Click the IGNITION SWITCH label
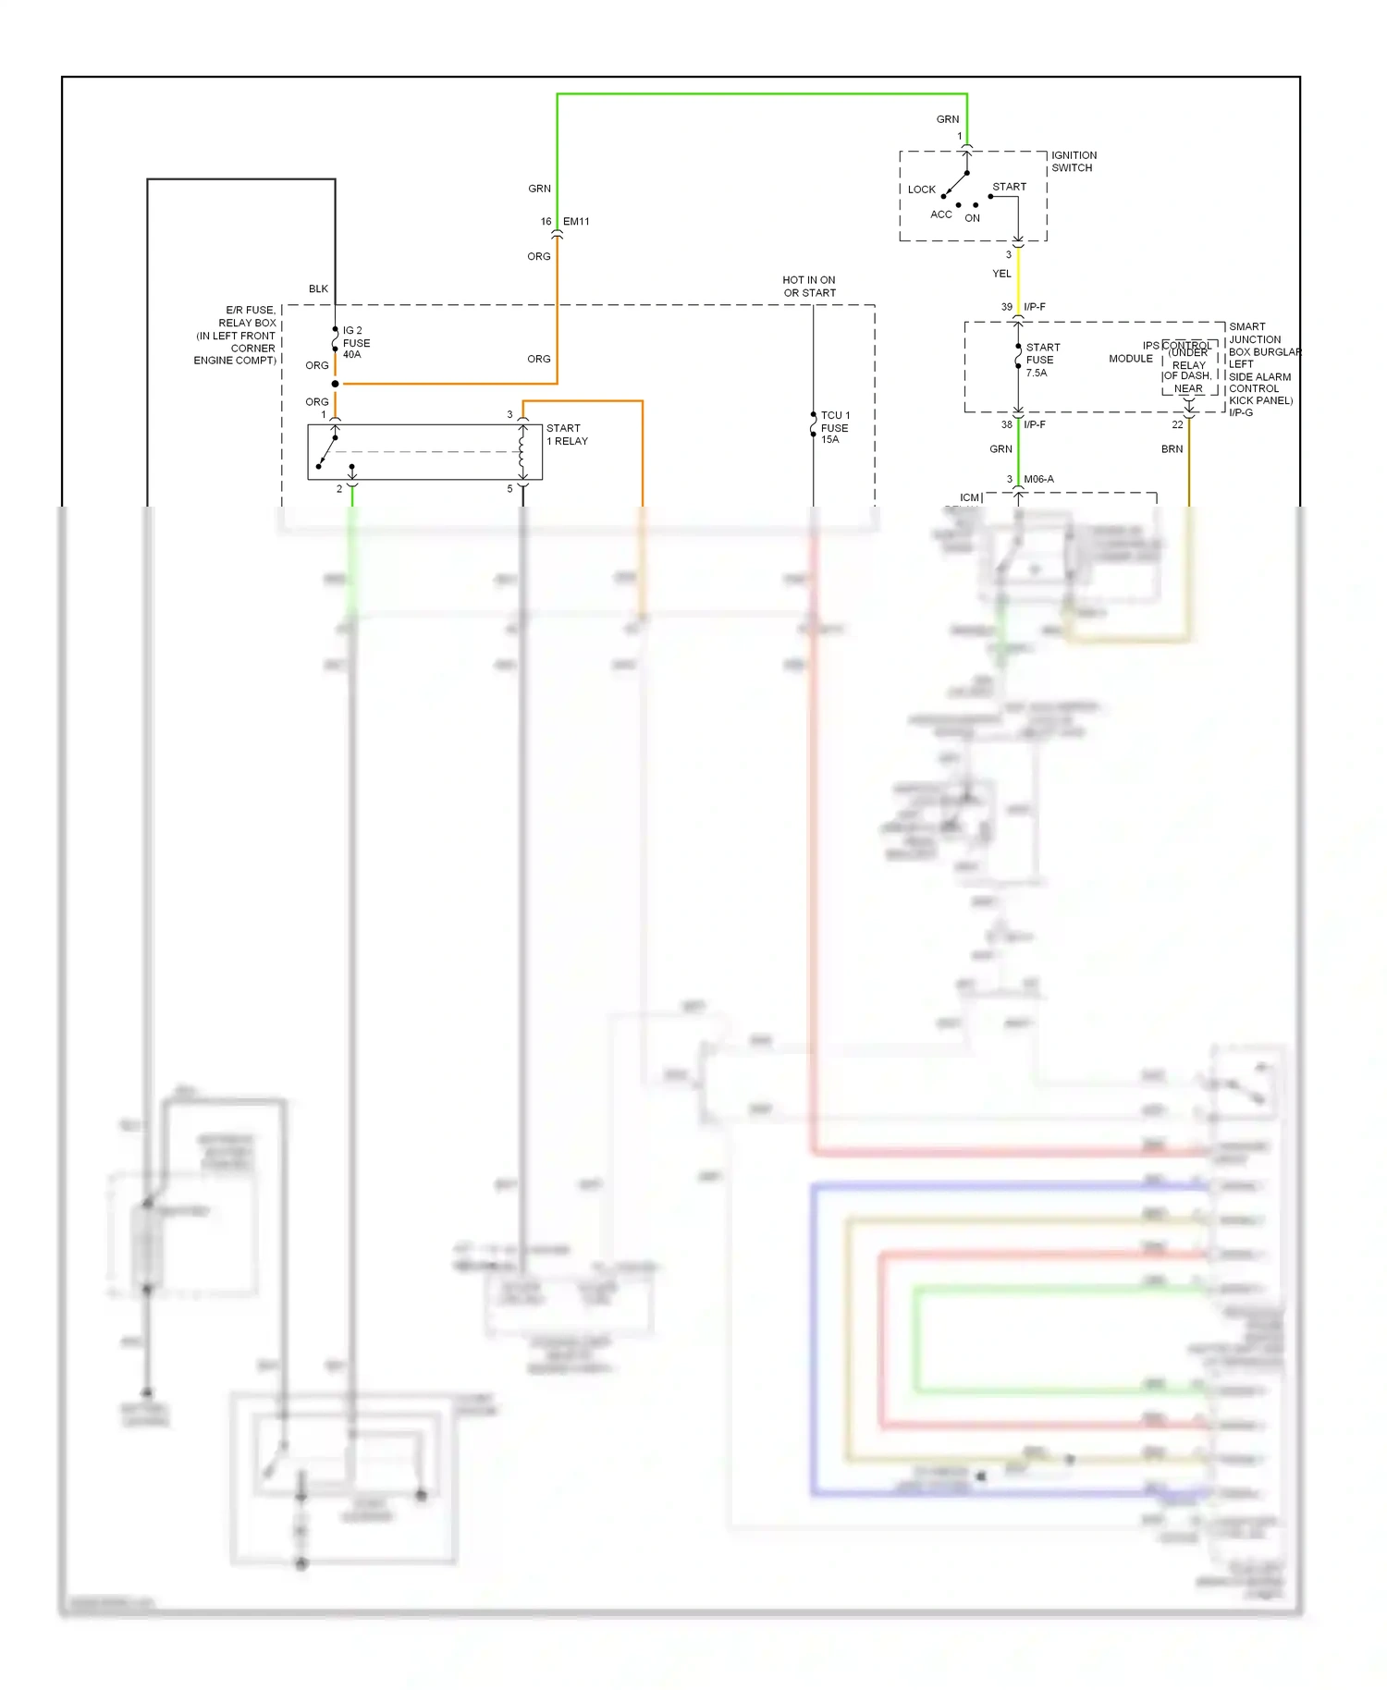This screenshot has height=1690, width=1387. (1074, 162)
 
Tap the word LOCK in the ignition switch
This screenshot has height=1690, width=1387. (921, 190)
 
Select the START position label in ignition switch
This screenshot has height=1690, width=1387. (1009, 187)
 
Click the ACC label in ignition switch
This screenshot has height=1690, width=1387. (940, 214)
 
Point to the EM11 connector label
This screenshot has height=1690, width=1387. (576, 222)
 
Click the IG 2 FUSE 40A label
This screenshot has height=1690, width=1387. (356, 342)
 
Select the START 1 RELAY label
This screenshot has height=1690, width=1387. (567, 435)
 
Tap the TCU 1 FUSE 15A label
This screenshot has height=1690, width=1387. (835, 427)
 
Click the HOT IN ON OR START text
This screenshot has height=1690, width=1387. (809, 287)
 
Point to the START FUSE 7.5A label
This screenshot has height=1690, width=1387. (1042, 361)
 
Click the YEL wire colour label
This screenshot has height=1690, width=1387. (1001, 274)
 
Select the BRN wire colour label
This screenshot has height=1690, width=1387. (1172, 449)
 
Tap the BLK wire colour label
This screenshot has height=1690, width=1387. (318, 289)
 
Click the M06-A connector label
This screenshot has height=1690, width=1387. (1038, 479)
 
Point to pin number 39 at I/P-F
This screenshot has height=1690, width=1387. (1006, 307)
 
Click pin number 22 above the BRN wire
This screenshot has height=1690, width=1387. (1177, 425)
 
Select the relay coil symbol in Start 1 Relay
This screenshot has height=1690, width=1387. (522, 451)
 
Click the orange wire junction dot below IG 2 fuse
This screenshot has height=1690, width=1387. (335, 384)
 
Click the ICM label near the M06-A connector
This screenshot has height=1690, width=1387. (968, 497)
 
